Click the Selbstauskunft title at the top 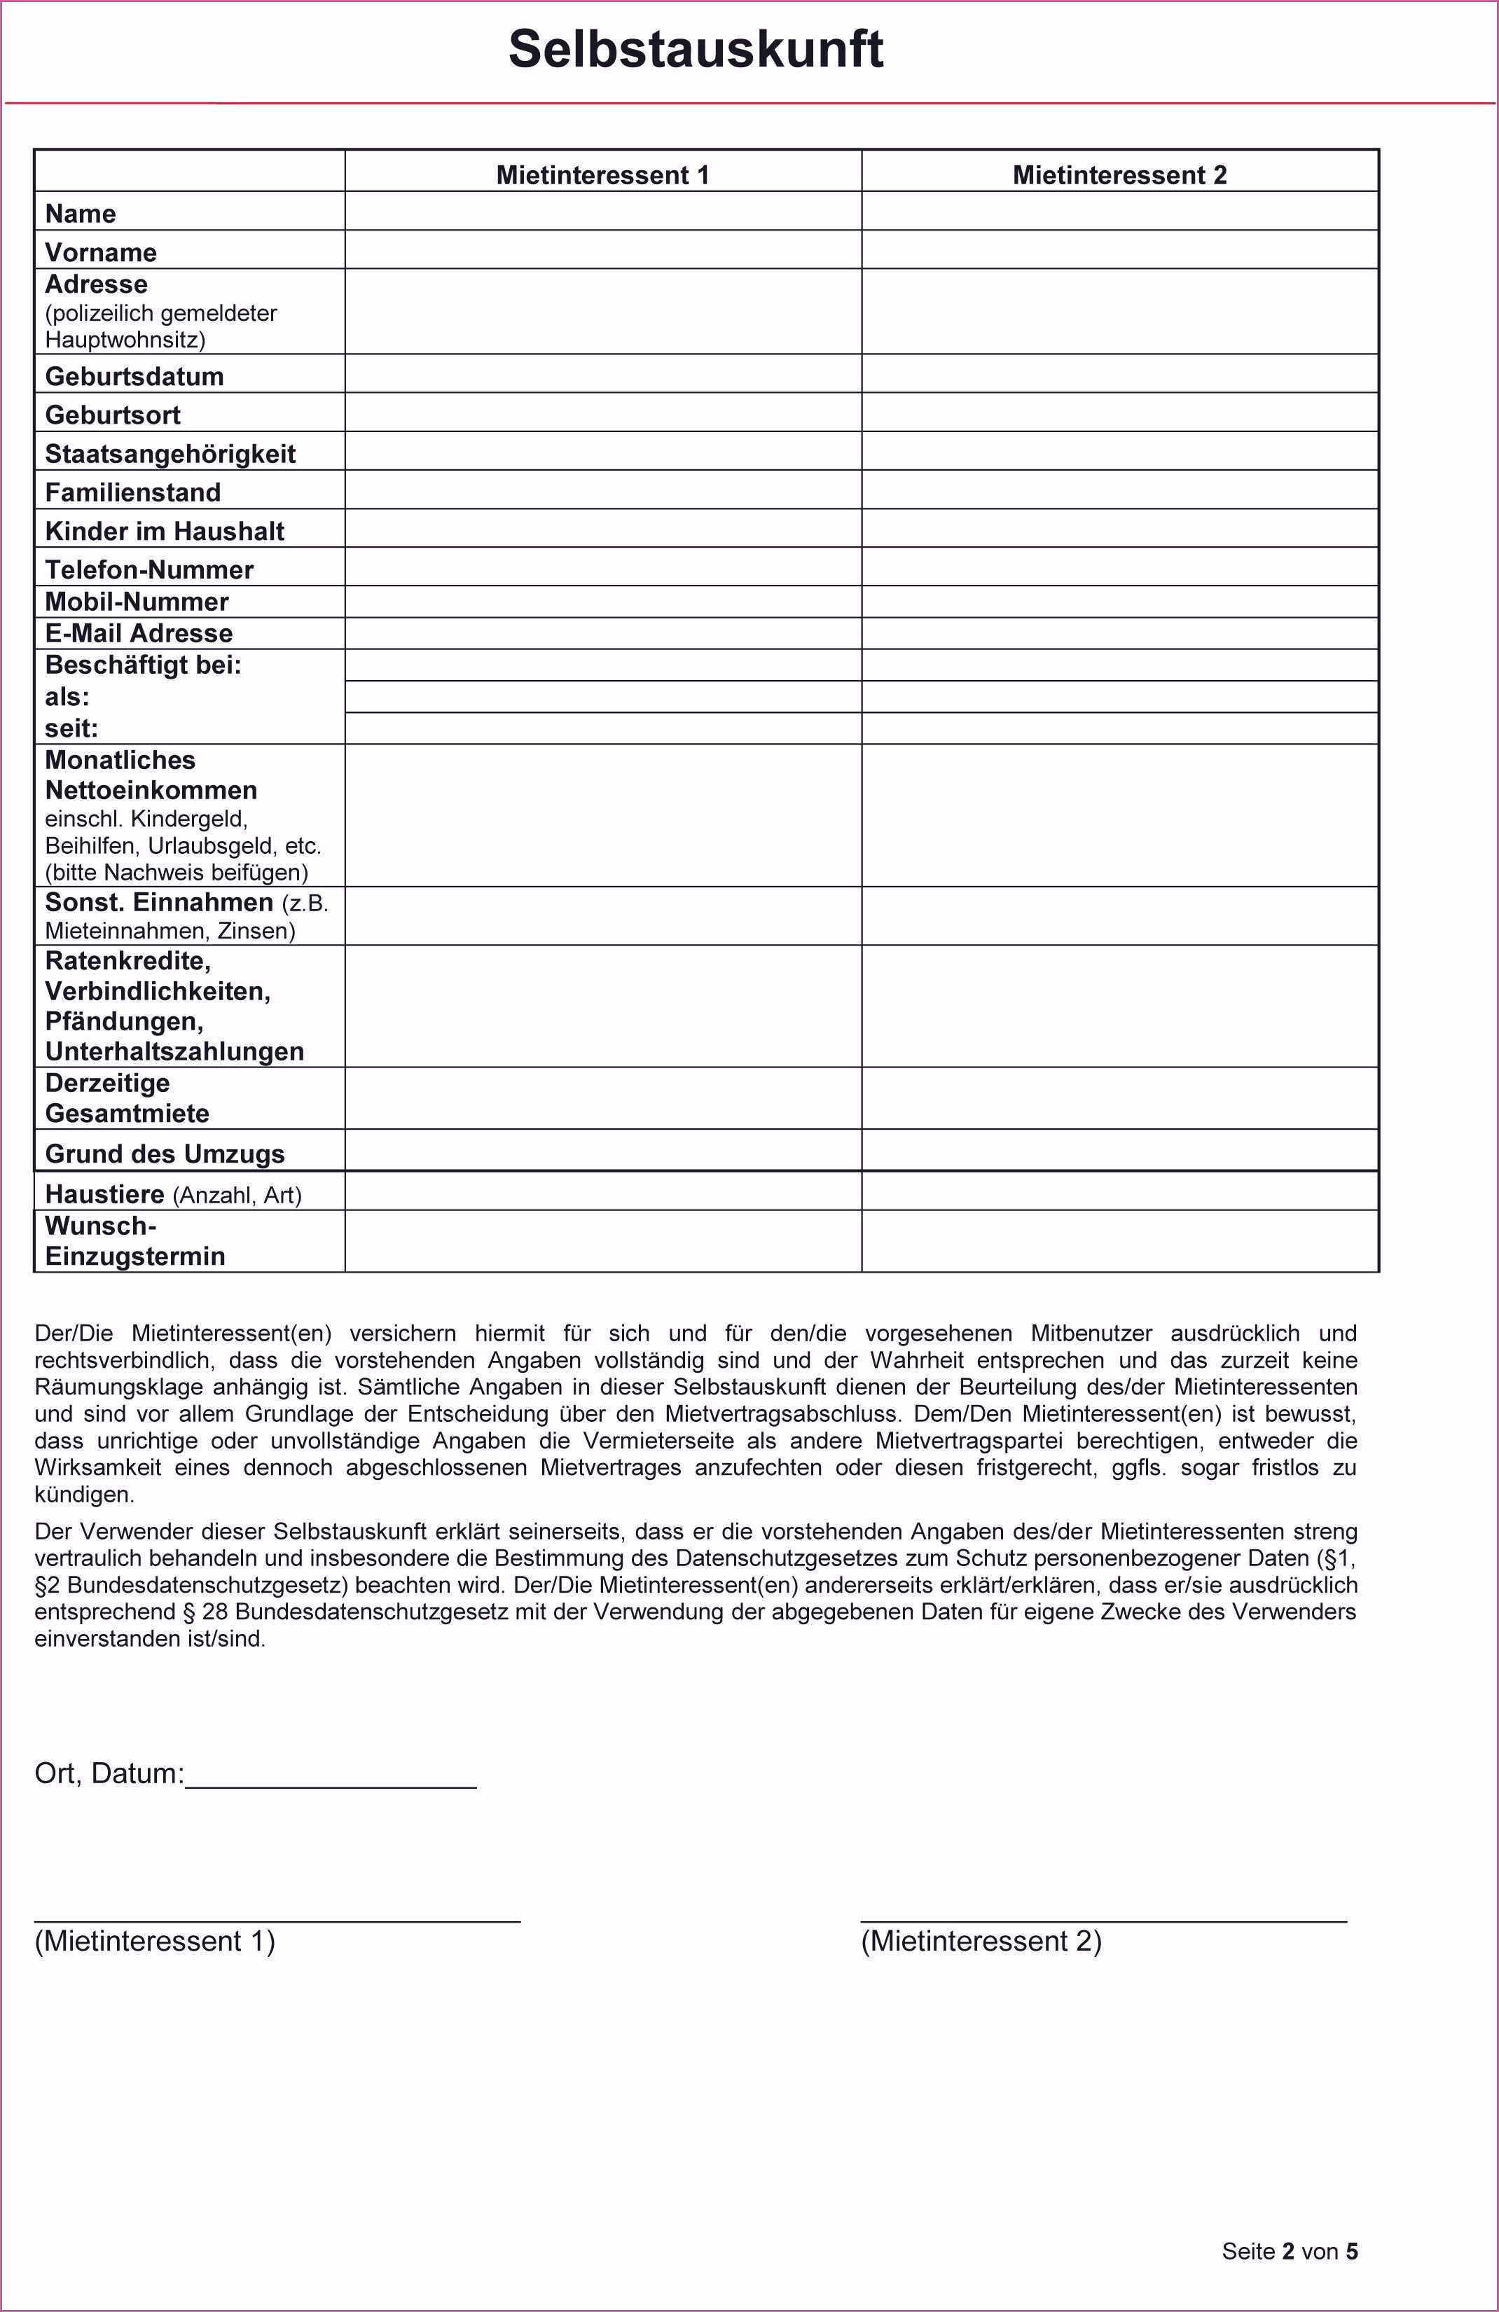696,48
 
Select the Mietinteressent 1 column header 602,175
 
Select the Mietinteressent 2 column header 1119,175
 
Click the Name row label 81,214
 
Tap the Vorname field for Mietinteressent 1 602,249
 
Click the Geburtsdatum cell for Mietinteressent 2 1119,374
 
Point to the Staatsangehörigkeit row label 170,454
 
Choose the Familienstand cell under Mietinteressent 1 602,490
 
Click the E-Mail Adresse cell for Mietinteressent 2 1119,633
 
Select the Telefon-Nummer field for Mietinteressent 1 602,567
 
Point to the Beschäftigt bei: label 143,665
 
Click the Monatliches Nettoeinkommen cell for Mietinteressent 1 602,815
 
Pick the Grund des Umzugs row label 164,1154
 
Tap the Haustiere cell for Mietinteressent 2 1119,1191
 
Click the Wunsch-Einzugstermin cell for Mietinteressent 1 602,1240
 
